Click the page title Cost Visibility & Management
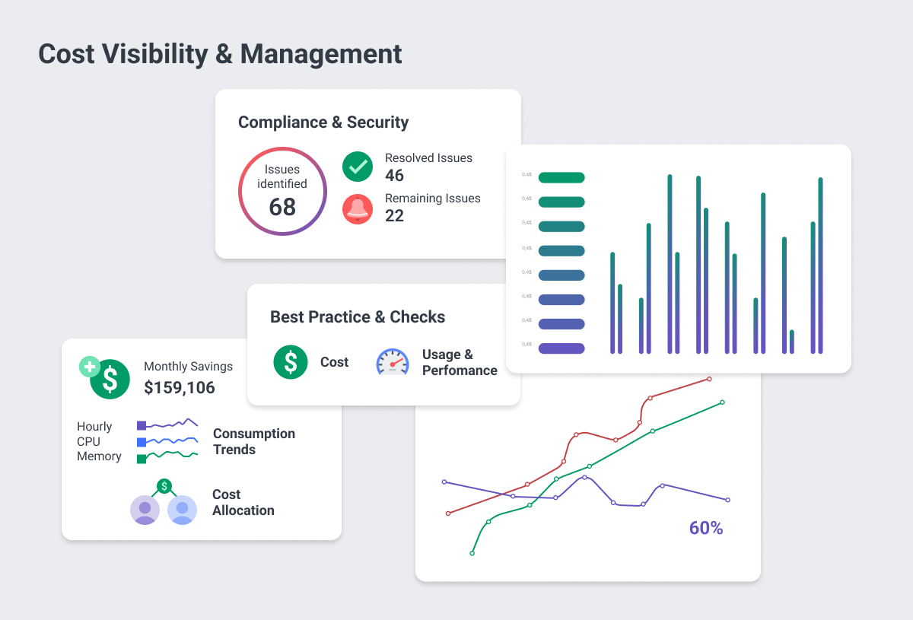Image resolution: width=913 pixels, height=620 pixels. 220,55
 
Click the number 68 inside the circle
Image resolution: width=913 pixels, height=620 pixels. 282,207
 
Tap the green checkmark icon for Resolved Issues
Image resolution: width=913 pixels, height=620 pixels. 357,167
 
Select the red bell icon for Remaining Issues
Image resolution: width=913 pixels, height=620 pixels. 357,208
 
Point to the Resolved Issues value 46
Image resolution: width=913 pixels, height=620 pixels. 394,176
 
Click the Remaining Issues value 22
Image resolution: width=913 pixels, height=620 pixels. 394,216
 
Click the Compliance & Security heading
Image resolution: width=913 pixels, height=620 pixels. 323,122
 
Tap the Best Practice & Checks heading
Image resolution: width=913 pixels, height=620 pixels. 358,317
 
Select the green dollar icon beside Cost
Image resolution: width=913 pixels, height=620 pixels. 291,362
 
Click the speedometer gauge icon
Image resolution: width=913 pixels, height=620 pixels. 393,363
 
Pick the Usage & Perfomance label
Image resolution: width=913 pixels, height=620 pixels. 460,363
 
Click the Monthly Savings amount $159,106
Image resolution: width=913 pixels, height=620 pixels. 180,388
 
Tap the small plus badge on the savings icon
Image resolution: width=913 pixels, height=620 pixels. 90,367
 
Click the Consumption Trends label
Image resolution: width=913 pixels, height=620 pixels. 253,441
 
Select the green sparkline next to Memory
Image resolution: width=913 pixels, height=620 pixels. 172,456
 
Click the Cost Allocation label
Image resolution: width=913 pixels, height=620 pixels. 243,502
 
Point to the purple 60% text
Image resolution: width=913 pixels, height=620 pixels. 706,528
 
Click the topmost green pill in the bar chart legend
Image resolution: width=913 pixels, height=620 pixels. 561,178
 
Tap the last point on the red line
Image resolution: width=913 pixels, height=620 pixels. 709,379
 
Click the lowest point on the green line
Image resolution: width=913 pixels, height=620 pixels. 472,553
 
